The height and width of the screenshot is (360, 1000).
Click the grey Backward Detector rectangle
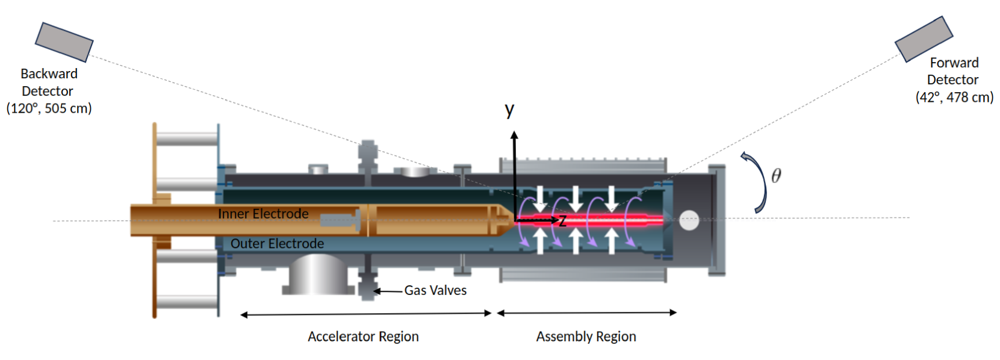[64, 42]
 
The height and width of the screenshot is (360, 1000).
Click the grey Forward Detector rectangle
[923, 39]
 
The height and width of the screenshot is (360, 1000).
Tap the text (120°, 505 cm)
[49, 108]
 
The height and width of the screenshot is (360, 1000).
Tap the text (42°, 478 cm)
[954, 97]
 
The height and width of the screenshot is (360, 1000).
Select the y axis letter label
[509, 110]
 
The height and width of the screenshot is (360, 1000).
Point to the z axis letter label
[562, 221]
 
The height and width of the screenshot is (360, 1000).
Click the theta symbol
[775, 176]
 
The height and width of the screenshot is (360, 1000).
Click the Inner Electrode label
[263, 214]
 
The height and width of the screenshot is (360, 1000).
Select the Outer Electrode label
[277, 243]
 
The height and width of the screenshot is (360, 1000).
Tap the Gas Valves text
[435, 290]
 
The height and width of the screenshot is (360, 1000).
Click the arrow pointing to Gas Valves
[387, 291]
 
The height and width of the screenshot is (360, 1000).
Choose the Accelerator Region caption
[363, 337]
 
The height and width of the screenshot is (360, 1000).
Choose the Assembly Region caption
[586, 337]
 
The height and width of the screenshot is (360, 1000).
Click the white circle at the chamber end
[689, 220]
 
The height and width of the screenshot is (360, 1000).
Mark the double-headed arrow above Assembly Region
[586, 312]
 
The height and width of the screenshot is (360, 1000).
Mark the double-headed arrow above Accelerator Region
[365, 314]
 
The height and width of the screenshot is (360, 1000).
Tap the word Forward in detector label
[954, 63]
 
